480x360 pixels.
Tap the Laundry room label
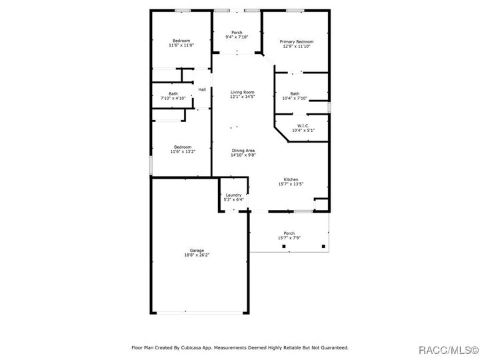(x=233, y=195)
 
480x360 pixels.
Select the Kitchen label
(x=291, y=179)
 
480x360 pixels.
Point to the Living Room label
(x=243, y=92)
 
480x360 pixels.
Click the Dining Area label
(x=243, y=151)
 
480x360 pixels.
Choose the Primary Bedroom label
(x=296, y=41)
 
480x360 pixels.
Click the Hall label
(x=201, y=89)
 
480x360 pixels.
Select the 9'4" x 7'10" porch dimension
(x=237, y=37)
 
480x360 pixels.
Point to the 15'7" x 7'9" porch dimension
(x=289, y=238)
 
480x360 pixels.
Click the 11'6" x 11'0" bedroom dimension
(x=181, y=45)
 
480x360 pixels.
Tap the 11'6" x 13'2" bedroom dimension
(x=183, y=151)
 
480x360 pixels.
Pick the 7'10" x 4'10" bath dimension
(x=173, y=98)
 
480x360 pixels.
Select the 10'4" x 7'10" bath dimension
(x=295, y=98)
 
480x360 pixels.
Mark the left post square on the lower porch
(x=285, y=247)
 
